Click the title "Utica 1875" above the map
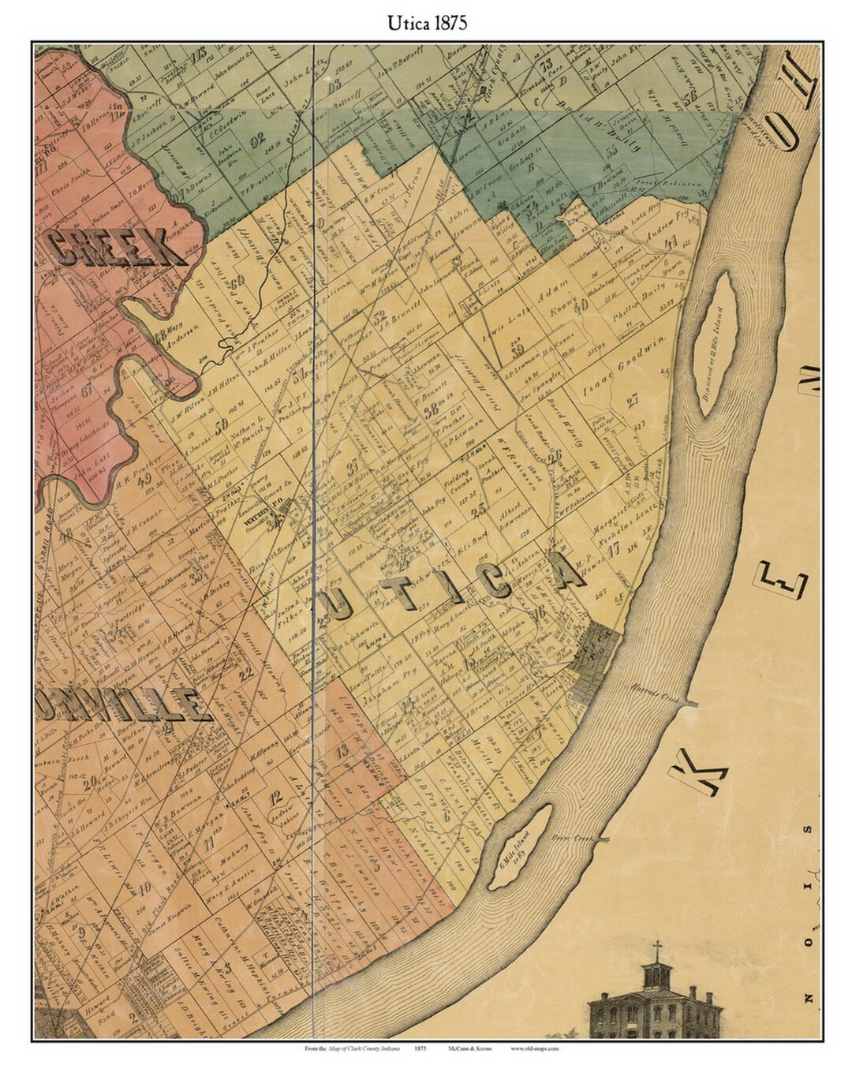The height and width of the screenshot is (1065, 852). pyautogui.click(x=426, y=23)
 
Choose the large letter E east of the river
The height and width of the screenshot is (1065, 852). pyautogui.click(x=783, y=582)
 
